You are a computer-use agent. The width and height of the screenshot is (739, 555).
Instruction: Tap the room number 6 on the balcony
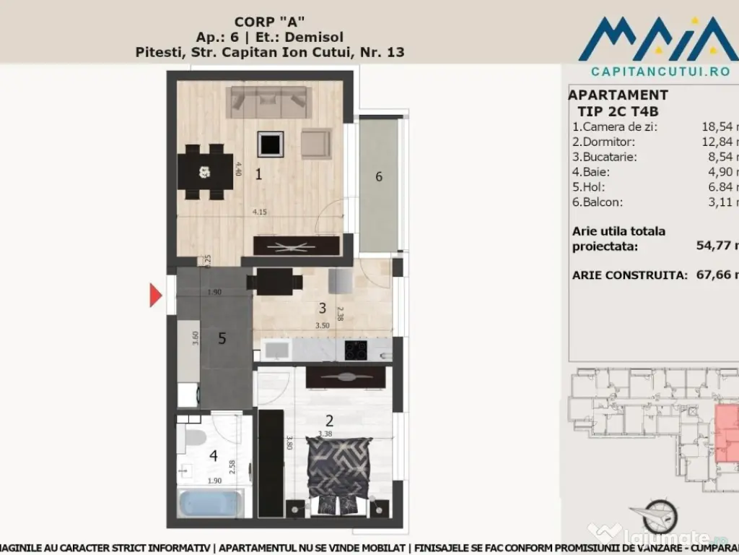[x=379, y=176]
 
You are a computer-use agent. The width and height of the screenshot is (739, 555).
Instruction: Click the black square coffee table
[x=270, y=145]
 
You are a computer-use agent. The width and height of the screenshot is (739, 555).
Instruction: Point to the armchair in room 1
[x=315, y=143]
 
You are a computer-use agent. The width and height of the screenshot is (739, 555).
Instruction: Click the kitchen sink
[x=276, y=350]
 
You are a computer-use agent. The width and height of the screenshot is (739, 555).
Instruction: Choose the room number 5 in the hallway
[x=222, y=338]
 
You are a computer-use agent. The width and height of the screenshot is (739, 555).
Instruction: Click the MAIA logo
[x=657, y=40]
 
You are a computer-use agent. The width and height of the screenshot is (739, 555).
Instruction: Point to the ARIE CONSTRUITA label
[x=629, y=275]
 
